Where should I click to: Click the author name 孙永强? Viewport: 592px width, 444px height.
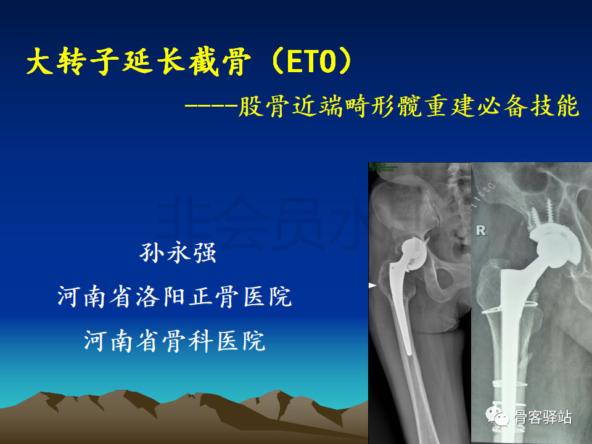tap(178, 253)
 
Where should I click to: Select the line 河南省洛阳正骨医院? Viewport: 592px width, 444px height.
tap(175, 297)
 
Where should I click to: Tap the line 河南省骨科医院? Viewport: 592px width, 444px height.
tap(175, 340)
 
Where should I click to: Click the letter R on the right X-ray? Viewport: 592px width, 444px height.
tap(481, 231)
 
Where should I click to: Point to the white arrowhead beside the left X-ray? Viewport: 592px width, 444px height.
tap(372, 285)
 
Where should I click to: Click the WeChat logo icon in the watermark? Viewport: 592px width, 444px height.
tap(497, 417)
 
